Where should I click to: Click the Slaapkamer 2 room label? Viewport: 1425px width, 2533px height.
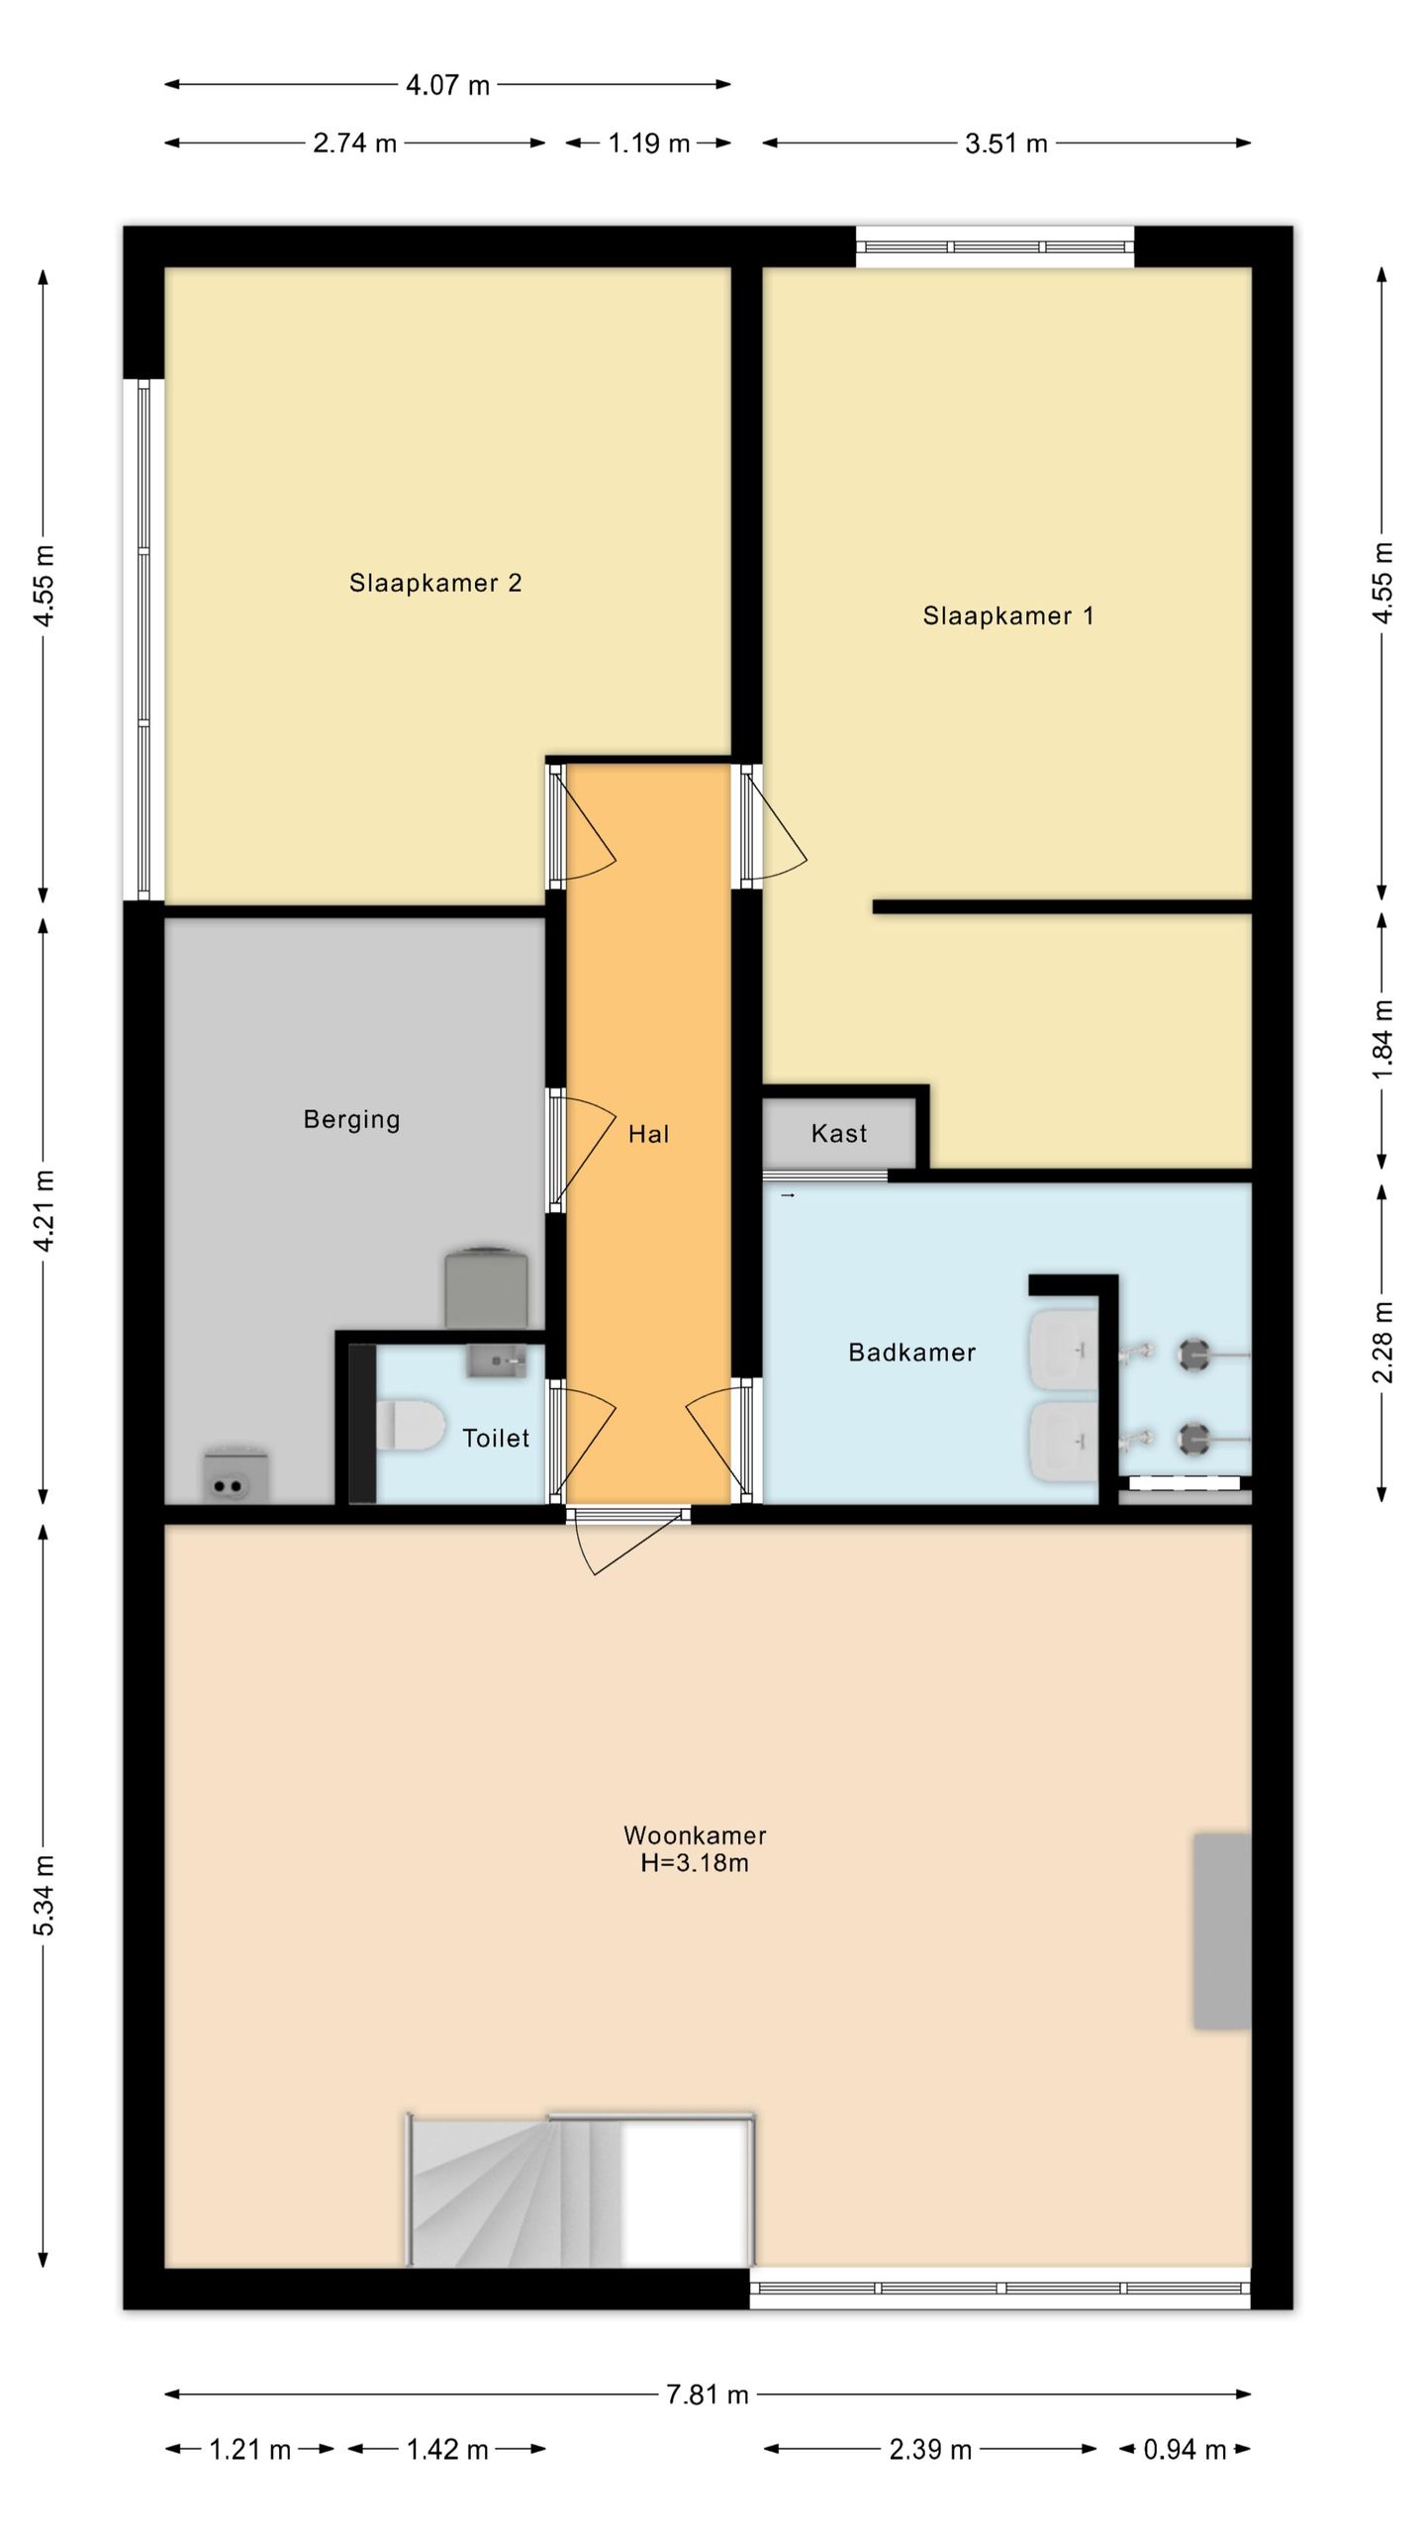pyautogui.click(x=435, y=583)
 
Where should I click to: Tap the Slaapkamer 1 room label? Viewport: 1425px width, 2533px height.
pyautogui.click(x=1008, y=615)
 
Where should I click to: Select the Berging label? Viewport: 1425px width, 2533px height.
pyautogui.click(x=351, y=1120)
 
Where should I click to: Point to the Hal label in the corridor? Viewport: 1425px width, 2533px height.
pyautogui.click(x=649, y=1134)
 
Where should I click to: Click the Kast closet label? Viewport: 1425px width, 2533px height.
pyautogui.click(x=839, y=1133)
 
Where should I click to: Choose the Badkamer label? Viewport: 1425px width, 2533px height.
pyautogui.click(x=912, y=1352)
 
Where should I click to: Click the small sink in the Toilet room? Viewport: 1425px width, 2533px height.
pyautogui.click(x=497, y=1361)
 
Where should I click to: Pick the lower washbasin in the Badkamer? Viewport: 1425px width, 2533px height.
pyautogui.click(x=1064, y=1443)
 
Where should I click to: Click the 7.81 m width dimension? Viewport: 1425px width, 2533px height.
pyautogui.click(x=708, y=2394)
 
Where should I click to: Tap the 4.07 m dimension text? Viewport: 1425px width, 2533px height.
pyautogui.click(x=447, y=85)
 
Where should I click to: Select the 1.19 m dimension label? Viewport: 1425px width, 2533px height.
pyautogui.click(x=648, y=143)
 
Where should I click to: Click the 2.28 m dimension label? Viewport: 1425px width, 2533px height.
pyautogui.click(x=1382, y=1343)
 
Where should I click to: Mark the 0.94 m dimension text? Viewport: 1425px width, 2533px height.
pyautogui.click(x=1185, y=2450)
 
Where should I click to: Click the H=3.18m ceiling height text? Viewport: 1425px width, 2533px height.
pyautogui.click(x=695, y=1863)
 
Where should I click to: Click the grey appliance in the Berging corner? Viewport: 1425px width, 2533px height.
pyautogui.click(x=237, y=1474)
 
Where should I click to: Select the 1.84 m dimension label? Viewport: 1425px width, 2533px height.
pyautogui.click(x=1382, y=1040)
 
